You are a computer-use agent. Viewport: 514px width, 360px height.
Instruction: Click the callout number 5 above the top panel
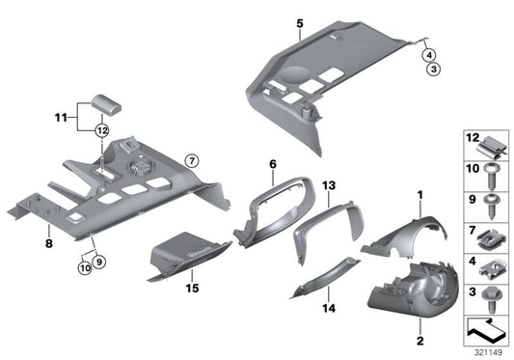coord(299,22)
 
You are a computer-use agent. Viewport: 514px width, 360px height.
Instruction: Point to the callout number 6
coord(273,165)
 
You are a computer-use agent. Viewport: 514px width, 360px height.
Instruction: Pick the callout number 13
coord(328,184)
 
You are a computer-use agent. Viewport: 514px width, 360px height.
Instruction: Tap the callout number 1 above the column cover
coord(419,196)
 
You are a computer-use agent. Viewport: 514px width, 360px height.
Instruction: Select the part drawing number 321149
coord(488,353)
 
